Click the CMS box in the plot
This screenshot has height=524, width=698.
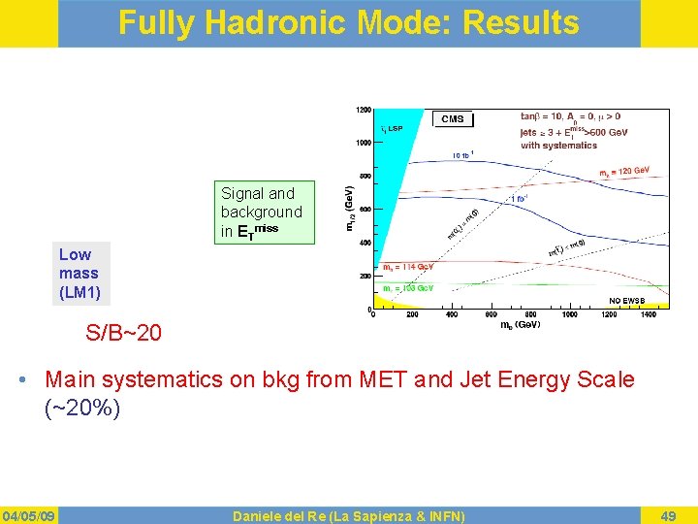coord(452,118)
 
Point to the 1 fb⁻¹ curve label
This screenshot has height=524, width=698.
coord(520,200)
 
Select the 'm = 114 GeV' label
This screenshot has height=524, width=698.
coord(408,266)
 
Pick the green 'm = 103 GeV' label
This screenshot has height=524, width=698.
coord(408,288)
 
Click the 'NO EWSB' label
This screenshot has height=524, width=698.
coord(627,300)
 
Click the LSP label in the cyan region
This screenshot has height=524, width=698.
coord(392,128)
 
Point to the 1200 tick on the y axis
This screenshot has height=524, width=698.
coord(362,109)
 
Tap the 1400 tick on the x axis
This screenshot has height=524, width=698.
coord(648,314)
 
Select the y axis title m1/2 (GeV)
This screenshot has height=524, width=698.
coord(350,209)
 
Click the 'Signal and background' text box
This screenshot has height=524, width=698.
coord(263,212)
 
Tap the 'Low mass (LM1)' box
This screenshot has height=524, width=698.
coord(80,273)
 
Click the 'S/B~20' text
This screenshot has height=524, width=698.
coord(123,334)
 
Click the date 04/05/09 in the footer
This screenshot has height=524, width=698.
coord(29,515)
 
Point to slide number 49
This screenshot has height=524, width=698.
coord(668,515)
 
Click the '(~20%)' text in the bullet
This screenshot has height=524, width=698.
coord(82,409)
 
